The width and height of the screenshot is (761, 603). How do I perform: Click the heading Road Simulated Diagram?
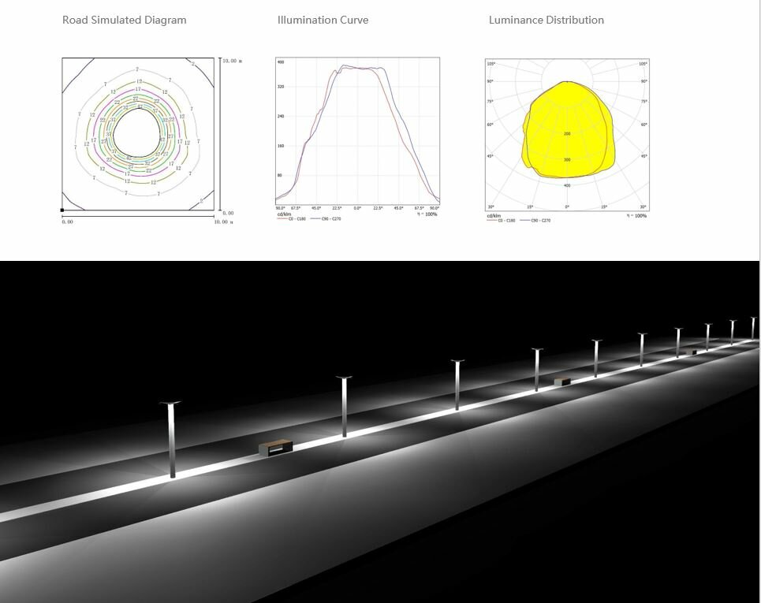tap(124, 20)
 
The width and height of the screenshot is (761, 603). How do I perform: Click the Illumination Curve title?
tap(323, 20)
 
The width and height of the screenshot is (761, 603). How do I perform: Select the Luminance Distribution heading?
tap(546, 20)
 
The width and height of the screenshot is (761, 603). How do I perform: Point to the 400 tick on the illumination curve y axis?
tap(280, 61)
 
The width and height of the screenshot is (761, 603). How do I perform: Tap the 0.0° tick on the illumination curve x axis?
tap(357, 208)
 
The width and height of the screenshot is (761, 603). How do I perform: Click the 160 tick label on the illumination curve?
tap(280, 146)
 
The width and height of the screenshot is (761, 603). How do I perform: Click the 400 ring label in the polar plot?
tap(567, 185)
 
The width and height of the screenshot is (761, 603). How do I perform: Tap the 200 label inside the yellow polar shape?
tap(567, 134)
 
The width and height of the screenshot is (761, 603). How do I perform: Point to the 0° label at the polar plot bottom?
tap(567, 207)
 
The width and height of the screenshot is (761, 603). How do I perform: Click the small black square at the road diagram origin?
tap(62, 210)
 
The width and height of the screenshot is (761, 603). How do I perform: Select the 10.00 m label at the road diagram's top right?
tap(230, 61)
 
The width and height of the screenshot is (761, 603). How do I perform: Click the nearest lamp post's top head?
tap(170, 404)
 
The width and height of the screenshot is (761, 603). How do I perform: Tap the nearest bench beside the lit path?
tap(276, 449)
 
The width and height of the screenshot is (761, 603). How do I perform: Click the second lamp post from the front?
tap(344, 406)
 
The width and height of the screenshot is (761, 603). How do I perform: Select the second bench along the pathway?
tap(562, 382)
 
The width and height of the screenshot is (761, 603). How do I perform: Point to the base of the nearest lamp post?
tap(173, 476)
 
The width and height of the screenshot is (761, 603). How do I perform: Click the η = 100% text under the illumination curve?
tap(427, 214)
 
